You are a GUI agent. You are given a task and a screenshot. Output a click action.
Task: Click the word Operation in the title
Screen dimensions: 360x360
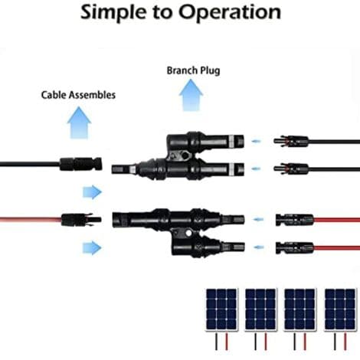tap(230, 13)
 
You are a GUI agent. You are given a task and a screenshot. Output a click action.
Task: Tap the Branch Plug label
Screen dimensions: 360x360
tap(193, 70)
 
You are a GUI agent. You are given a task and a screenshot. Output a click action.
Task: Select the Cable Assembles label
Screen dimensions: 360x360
tap(78, 95)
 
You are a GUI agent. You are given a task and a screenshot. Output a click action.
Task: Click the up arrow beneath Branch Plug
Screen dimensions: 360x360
tap(191, 95)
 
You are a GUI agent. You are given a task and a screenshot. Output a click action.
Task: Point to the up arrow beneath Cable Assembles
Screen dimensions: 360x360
tap(79, 123)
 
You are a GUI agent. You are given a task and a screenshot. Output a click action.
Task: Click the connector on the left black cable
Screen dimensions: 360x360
tap(81, 164)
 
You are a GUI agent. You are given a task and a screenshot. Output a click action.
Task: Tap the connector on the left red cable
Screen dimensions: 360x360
tap(81, 220)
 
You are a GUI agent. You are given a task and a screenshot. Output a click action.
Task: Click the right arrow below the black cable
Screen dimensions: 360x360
tap(92, 192)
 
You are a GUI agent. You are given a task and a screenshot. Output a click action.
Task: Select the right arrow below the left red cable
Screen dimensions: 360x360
tap(92, 247)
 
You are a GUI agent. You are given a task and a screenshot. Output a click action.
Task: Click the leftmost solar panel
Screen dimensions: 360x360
tap(221, 309)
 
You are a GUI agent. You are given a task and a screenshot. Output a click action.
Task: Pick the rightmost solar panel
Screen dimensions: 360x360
tap(340, 309)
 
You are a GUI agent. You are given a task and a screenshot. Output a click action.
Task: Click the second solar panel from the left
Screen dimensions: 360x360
tap(260, 309)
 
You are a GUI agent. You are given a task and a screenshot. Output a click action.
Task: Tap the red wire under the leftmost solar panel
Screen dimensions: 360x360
tap(227, 342)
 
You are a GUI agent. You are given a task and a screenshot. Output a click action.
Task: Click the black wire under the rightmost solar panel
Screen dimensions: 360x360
tap(335, 342)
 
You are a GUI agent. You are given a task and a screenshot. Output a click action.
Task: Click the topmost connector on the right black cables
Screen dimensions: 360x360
tap(291, 141)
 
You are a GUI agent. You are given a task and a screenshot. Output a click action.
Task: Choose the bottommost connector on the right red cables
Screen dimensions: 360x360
tap(295, 247)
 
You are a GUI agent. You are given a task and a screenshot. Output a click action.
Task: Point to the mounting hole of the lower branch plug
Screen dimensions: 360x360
tap(188, 233)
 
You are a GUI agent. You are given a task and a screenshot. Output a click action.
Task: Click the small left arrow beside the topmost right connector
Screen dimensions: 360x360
tap(257, 141)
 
